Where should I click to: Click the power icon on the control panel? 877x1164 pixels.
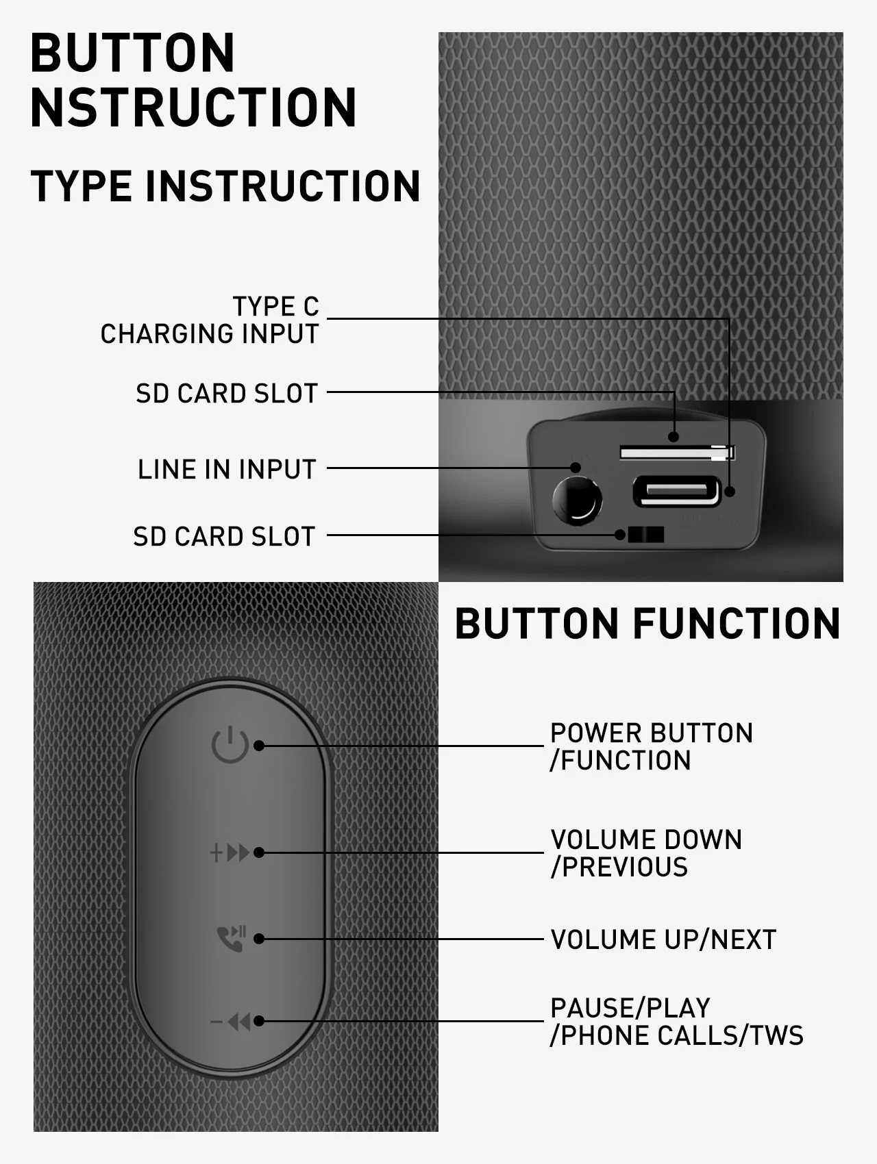click(x=230, y=745)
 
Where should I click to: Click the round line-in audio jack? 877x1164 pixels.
click(x=577, y=501)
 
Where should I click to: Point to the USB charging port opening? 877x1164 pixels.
click(x=676, y=492)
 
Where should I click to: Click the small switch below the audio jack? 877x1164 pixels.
click(x=645, y=535)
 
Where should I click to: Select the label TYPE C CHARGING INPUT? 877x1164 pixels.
click(x=210, y=320)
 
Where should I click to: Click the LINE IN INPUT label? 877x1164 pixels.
click(x=227, y=469)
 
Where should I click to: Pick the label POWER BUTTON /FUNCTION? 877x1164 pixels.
click(x=651, y=746)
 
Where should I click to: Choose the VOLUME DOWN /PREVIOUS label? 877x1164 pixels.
click(x=646, y=853)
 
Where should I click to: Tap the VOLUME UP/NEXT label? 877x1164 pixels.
click(x=663, y=939)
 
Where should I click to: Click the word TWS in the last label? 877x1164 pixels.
click(x=777, y=1035)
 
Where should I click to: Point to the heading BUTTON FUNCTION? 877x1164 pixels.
click(x=647, y=623)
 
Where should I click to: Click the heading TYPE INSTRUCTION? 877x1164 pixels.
click(x=225, y=186)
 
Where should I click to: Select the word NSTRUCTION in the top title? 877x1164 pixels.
click(x=193, y=107)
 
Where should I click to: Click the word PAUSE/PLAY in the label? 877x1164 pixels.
click(x=630, y=1008)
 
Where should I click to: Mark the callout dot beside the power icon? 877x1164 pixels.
click(x=259, y=746)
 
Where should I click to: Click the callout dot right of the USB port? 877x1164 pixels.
click(x=730, y=491)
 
